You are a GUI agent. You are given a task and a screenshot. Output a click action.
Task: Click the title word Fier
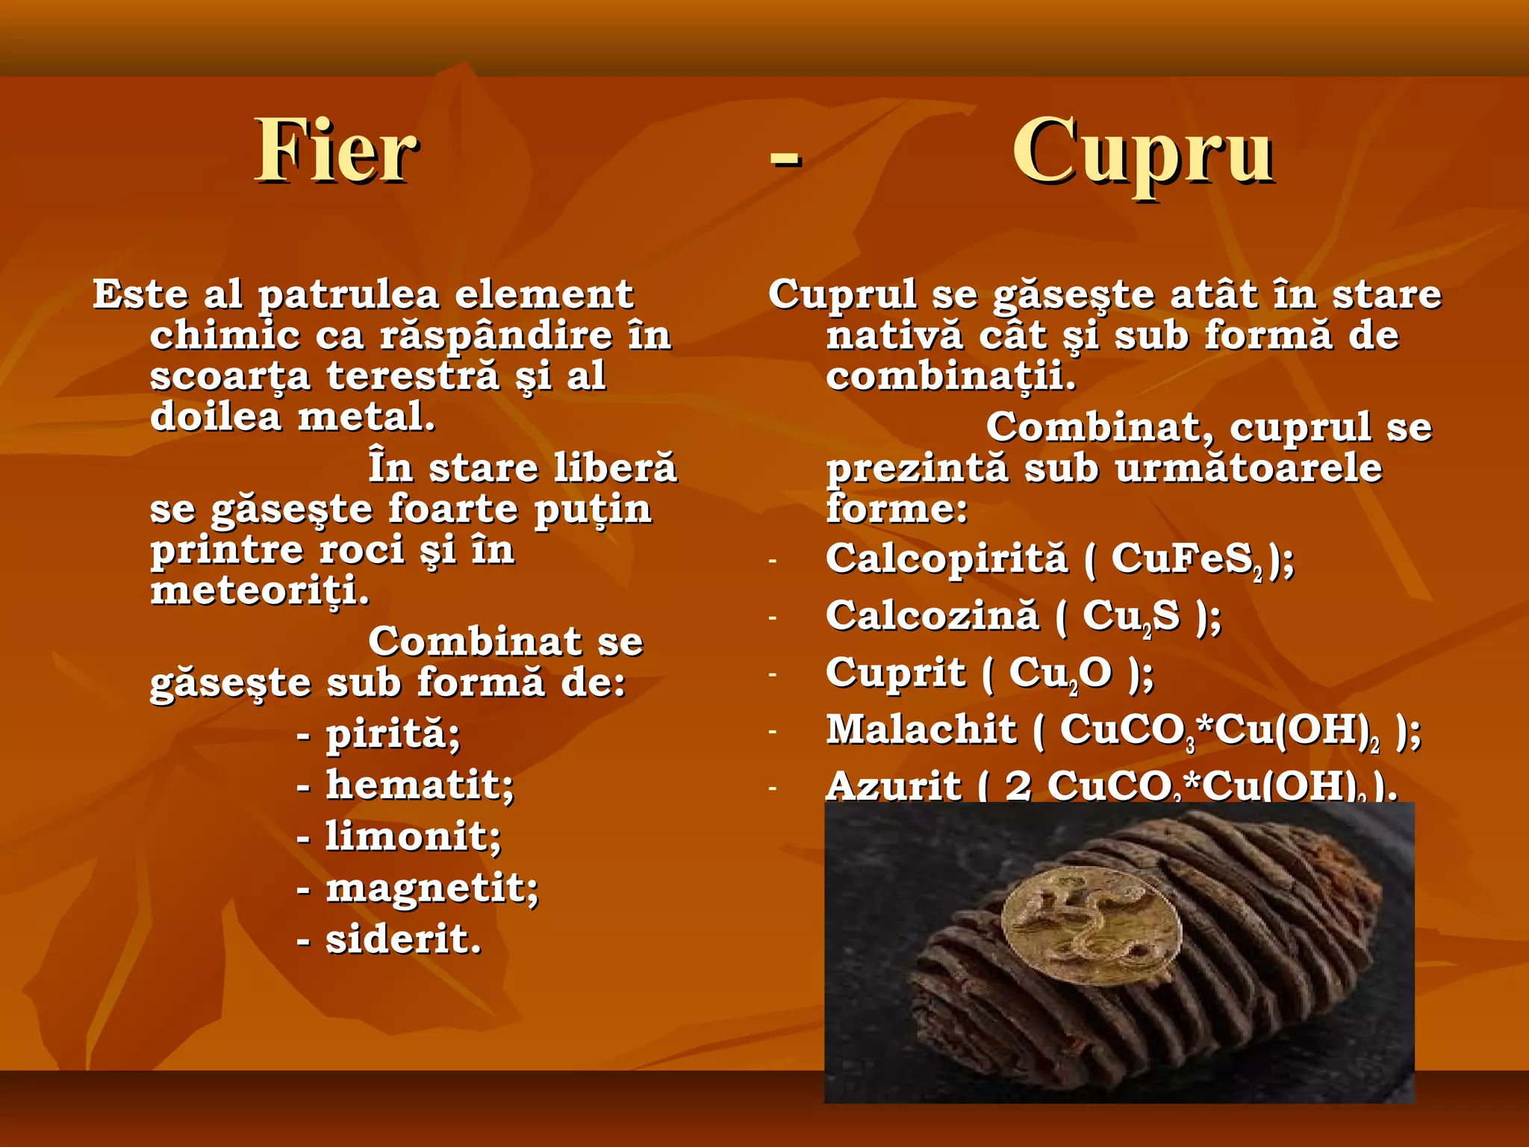336,152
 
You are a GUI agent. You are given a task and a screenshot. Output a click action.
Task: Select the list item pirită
393,734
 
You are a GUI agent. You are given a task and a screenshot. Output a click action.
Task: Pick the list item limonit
413,836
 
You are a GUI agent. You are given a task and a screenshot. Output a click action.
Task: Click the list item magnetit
432,889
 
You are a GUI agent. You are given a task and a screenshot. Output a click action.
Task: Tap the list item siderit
403,939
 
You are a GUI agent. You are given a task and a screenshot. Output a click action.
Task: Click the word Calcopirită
947,559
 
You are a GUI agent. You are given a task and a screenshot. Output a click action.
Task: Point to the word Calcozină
932,616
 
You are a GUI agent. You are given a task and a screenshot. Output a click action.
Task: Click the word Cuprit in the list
895,673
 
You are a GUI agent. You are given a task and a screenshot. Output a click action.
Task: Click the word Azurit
894,786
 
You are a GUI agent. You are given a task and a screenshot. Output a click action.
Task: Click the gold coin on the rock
1092,924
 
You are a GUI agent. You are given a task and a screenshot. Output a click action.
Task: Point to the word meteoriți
260,592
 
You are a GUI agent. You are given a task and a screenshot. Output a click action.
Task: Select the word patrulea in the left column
349,295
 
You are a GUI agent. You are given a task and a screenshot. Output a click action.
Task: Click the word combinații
950,376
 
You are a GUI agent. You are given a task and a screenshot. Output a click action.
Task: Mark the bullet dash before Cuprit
773,674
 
